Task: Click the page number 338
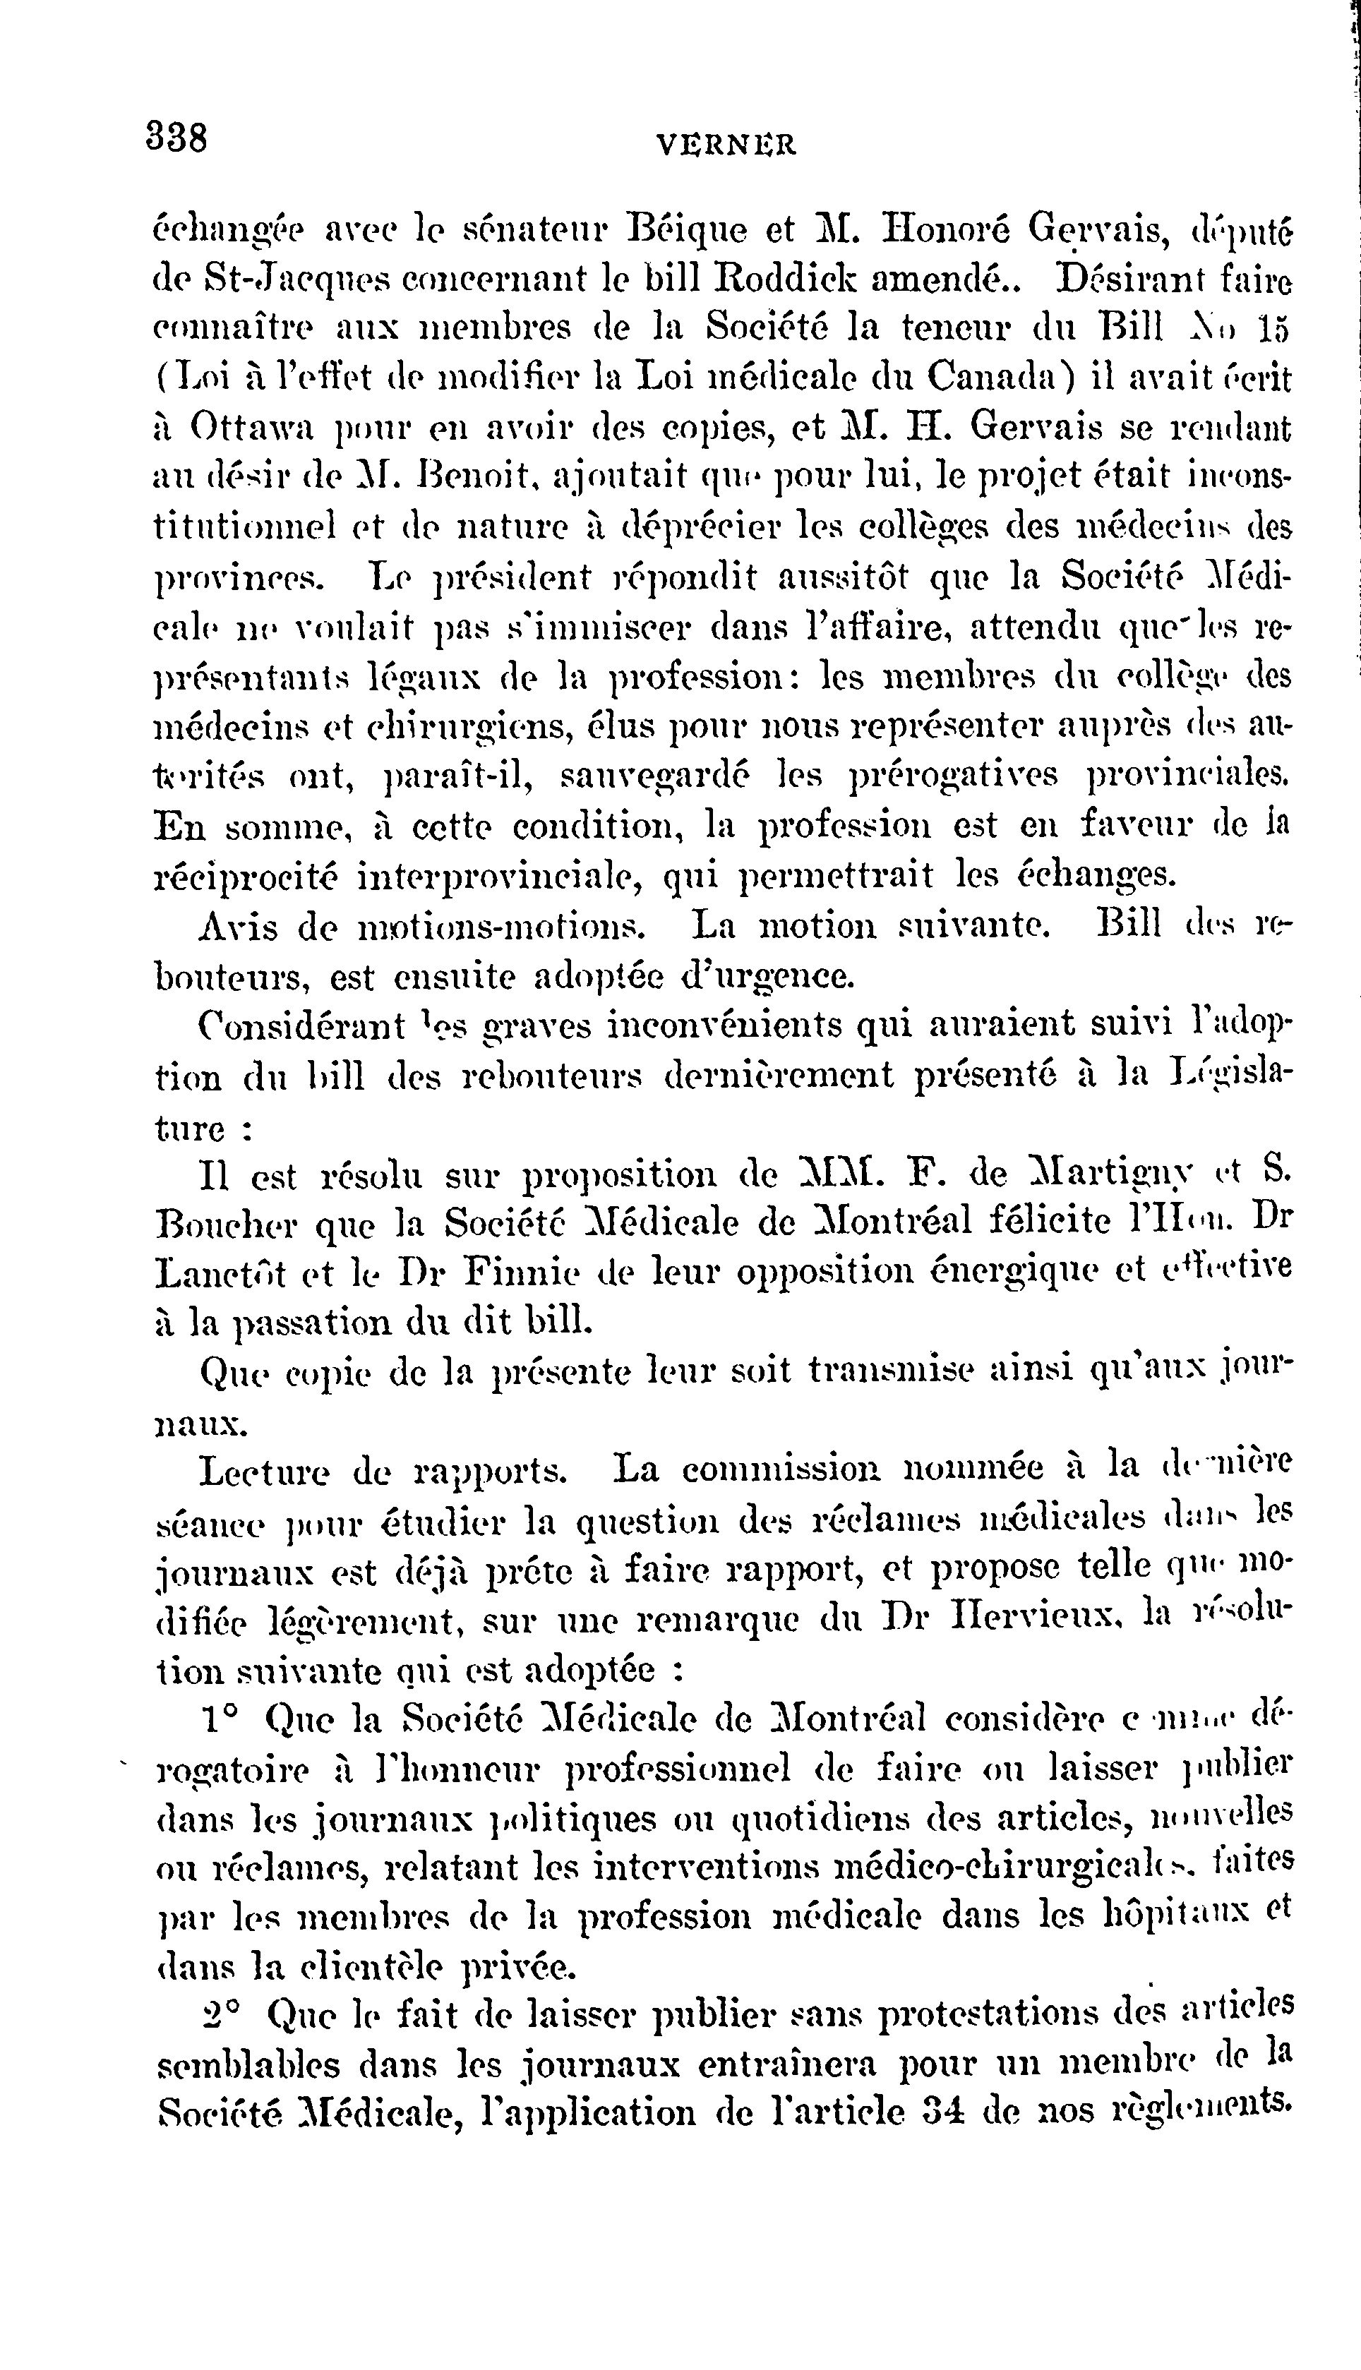point(176,138)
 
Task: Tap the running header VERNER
point(726,145)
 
